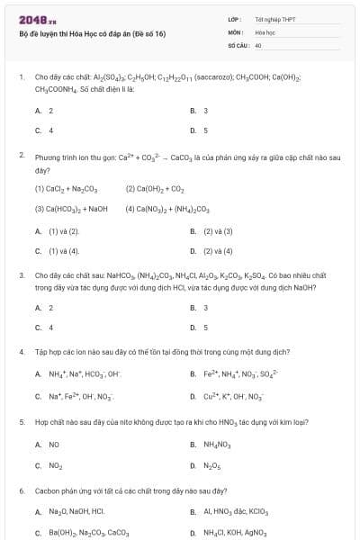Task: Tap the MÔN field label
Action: (236, 31)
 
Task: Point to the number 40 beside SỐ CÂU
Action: (258, 44)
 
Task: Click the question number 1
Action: (22, 77)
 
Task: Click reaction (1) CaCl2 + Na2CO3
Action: (66, 189)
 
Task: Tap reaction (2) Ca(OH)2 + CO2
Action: (154, 189)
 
